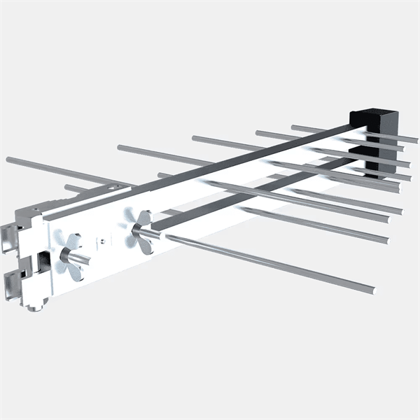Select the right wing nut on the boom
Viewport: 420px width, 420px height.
(x=142, y=232)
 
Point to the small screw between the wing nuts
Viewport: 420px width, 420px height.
(x=104, y=240)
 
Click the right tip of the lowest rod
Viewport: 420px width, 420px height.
(x=372, y=288)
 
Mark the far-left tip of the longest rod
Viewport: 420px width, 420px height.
(x=8, y=160)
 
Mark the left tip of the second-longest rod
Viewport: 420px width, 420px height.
(x=120, y=147)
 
